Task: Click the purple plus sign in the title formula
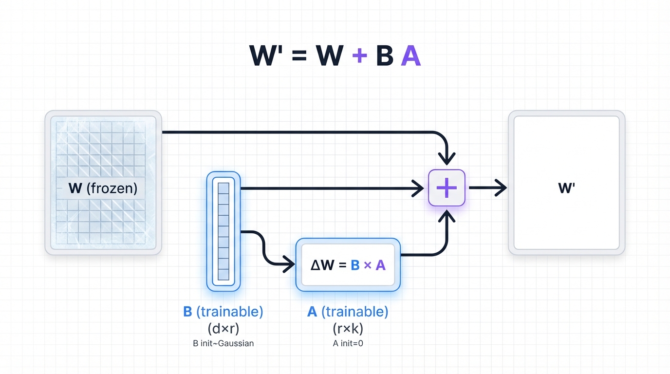pyautogui.click(x=359, y=56)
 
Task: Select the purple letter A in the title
pyautogui.click(x=410, y=56)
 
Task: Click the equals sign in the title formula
pyautogui.click(x=300, y=57)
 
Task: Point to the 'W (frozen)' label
pyautogui.click(x=103, y=188)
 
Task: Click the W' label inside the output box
pyautogui.click(x=566, y=188)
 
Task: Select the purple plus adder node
pyautogui.click(x=447, y=188)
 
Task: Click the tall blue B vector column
pyautogui.click(x=223, y=231)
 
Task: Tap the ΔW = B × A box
pyautogui.click(x=348, y=265)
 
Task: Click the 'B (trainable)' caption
pyautogui.click(x=223, y=312)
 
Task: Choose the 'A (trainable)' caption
pyautogui.click(x=348, y=312)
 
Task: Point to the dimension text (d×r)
pyautogui.click(x=223, y=328)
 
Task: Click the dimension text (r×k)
pyautogui.click(x=348, y=328)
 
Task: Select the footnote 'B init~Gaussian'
pyautogui.click(x=223, y=343)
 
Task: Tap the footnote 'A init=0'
pyautogui.click(x=348, y=343)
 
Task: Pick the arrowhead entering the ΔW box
pyautogui.click(x=288, y=265)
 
